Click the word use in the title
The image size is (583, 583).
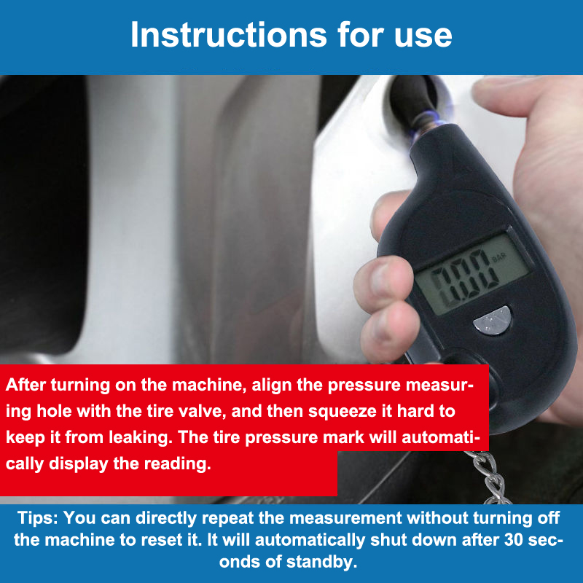tap(423, 37)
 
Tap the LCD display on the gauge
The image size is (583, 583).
tap(472, 275)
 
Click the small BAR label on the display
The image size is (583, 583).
tap(498, 257)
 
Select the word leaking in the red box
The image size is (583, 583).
tap(141, 438)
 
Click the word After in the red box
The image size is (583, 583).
tap(26, 385)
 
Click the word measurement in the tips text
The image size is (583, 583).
tap(345, 518)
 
